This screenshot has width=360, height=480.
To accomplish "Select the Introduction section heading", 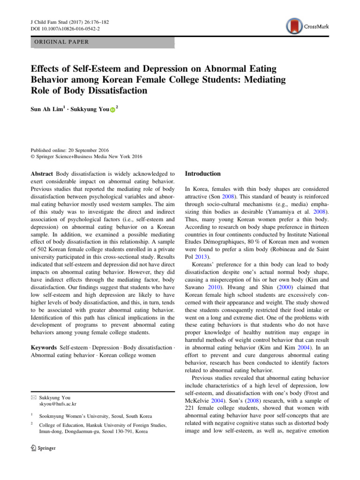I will click(x=203, y=173).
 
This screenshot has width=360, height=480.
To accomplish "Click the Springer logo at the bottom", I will click(x=43, y=448).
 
